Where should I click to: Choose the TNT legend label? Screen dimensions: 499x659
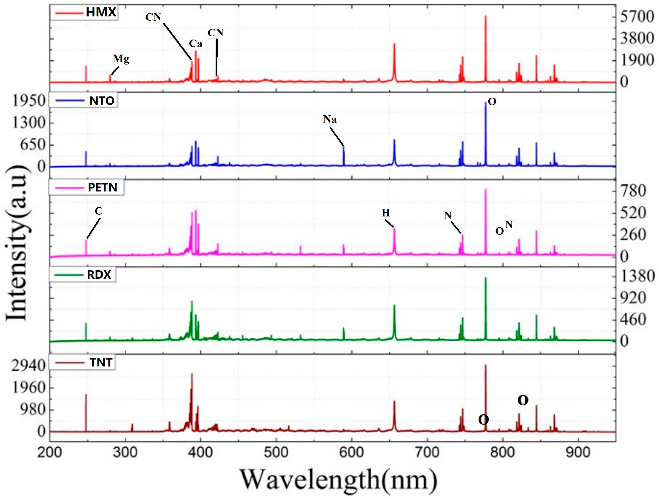101,362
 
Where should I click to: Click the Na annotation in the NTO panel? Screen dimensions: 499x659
330,120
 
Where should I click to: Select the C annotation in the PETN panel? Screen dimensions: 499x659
99,211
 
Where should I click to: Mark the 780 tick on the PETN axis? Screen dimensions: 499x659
633,191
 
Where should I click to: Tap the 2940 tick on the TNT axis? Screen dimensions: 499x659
29,365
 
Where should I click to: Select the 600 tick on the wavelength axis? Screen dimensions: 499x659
352,452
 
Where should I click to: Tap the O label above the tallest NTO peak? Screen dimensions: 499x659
492,102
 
